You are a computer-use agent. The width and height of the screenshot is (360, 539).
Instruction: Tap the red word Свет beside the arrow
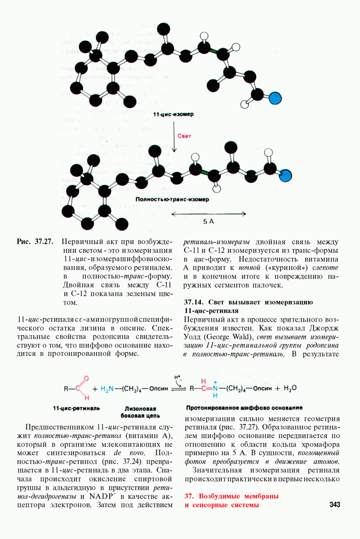point(184,136)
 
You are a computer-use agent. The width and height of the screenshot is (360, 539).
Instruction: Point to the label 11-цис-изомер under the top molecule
point(173,115)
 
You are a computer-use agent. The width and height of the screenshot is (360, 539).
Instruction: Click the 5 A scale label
point(208,221)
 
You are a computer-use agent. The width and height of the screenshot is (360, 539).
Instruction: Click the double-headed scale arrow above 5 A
point(209,213)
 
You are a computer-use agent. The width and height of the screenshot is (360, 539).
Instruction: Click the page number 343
point(334,505)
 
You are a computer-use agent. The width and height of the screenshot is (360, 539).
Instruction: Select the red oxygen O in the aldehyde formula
point(86,378)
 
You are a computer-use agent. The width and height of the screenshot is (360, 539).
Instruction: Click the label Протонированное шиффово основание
point(244,408)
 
